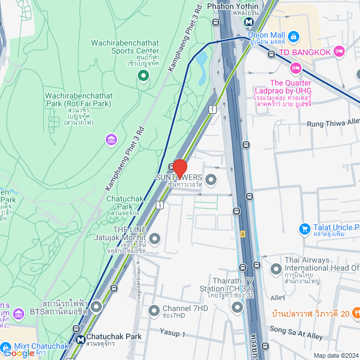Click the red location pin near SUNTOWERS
tap(179, 168)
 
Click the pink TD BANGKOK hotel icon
tap(339, 52)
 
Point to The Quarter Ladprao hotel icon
tap(295, 68)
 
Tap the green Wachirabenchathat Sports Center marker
tap(143, 74)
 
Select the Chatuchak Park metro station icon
tap(80, 340)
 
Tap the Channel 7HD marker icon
tap(154, 310)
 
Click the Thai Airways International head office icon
tap(276, 269)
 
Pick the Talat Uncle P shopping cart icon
tap(304, 228)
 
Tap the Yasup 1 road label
tap(172, 334)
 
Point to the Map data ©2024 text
tap(335, 355)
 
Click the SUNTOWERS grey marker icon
tap(211, 180)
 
